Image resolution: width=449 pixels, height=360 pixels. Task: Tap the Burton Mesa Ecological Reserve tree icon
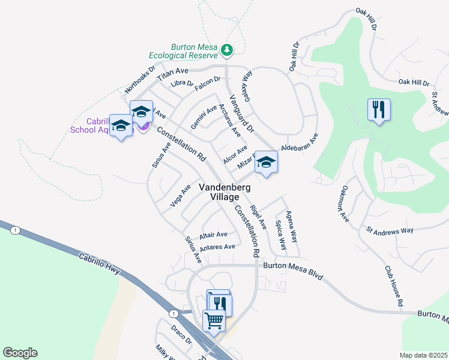pyautogui.click(x=227, y=51)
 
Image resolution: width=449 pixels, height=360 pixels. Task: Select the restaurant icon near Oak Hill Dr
pyautogui.click(x=379, y=110)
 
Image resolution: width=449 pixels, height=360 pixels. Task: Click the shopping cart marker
pyautogui.click(x=214, y=320)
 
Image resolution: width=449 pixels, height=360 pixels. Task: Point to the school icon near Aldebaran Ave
pyautogui.click(x=266, y=162)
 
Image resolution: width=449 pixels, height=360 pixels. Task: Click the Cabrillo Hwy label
pyautogui.click(x=100, y=263)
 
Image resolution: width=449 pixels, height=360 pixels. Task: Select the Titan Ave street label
pyautogui.click(x=173, y=74)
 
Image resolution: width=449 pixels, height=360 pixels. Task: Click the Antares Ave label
pyautogui.click(x=217, y=247)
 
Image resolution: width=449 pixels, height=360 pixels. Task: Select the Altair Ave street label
pyautogui.click(x=214, y=235)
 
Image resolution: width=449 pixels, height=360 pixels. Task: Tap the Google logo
pyautogui.click(x=20, y=353)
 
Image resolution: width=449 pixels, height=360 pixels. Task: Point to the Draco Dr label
pyautogui.click(x=179, y=336)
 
